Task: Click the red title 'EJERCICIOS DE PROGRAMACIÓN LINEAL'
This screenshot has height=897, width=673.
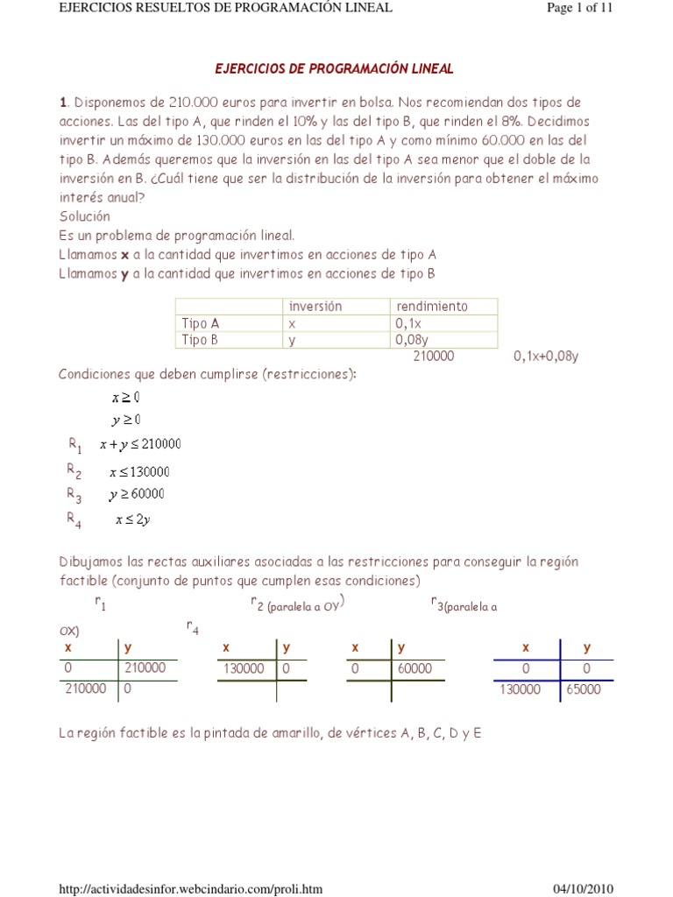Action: coord(335,68)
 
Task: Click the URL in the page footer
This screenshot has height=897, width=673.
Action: coord(190,889)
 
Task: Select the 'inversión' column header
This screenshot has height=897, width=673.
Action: coord(315,306)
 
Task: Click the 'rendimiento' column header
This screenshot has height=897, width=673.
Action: coord(432,306)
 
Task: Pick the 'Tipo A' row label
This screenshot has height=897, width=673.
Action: coord(200,323)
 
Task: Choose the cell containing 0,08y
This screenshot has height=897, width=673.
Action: coord(414,340)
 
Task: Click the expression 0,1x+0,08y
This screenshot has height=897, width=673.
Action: coord(547,357)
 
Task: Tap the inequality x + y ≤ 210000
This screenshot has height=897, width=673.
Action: coord(140,444)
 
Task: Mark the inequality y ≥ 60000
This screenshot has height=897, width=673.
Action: coord(137,494)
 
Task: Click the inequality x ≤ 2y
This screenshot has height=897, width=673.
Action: coord(132,520)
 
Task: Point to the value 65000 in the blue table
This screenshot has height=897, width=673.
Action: coord(583,689)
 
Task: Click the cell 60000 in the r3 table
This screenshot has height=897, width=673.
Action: coord(414,668)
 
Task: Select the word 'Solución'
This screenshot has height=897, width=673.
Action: coord(85,215)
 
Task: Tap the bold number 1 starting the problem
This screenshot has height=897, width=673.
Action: coord(62,102)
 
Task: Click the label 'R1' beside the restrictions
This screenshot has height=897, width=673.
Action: coord(74,444)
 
